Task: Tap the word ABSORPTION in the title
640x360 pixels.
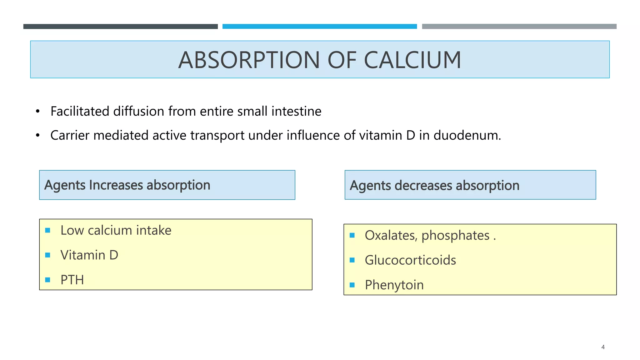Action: point(249,60)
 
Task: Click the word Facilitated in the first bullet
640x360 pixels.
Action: point(80,111)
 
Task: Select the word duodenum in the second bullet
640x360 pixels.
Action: point(467,135)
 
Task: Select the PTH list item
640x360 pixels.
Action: point(72,280)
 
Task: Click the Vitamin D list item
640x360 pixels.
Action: point(89,255)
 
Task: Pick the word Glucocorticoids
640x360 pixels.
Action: point(410,260)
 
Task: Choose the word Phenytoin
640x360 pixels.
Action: point(394,285)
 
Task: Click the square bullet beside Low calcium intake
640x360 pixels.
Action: point(48,230)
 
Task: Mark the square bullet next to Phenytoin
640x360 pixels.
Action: point(352,285)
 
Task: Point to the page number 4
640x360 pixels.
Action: point(603,347)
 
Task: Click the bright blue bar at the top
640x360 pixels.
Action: point(320,27)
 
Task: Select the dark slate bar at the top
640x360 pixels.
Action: point(120,27)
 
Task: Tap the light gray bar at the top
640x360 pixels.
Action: point(519,27)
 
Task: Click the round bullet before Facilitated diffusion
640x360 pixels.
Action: point(38,112)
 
